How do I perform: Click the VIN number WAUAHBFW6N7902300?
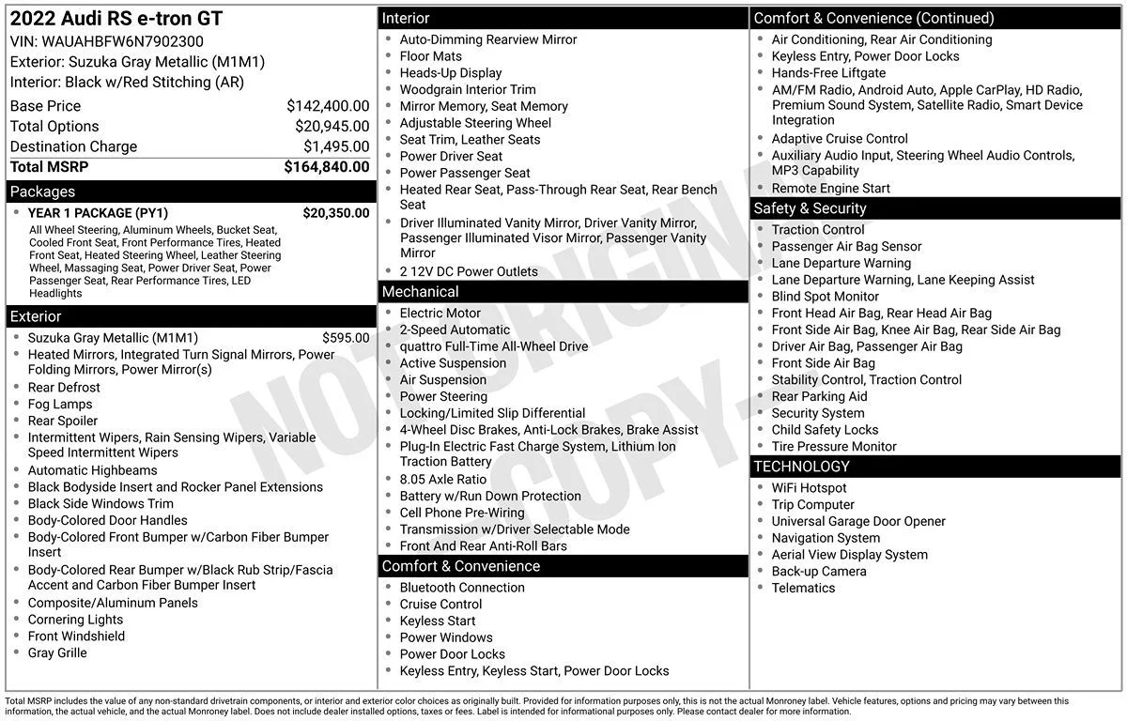tap(122, 41)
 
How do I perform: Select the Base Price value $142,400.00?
tap(328, 106)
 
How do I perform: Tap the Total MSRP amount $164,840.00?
tap(326, 167)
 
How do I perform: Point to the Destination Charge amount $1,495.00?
tap(336, 146)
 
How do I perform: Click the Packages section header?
tap(42, 192)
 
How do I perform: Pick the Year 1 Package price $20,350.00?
tap(335, 213)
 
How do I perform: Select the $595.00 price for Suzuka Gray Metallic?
tap(346, 338)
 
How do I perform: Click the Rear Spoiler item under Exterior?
tap(63, 421)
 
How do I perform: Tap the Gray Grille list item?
tap(57, 652)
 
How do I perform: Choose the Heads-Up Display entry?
tap(451, 73)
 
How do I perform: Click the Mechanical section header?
tap(420, 292)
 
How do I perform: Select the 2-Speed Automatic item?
tap(455, 330)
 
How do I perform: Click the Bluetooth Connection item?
tap(462, 588)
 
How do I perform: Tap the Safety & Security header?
tap(810, 208)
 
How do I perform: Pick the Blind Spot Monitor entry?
tap(826, 297)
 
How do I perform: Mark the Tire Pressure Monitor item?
tap(834, 447)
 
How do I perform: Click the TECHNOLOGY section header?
tap(801, 467)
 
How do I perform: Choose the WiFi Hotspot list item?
tap(809, 488)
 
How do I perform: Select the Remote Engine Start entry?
tap(831, 188)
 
